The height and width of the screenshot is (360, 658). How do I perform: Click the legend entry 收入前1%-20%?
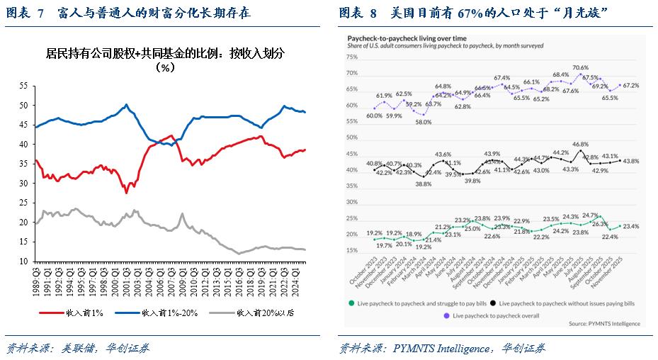coord(167,312)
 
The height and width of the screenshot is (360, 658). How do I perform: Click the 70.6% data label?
coord(580,67)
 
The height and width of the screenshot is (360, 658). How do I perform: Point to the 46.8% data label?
coord(580,144)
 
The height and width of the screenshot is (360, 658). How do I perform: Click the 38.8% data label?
coord(424,184)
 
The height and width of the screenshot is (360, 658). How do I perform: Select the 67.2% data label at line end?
coord(630,86)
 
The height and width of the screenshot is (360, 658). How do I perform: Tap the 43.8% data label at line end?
coord(630,161)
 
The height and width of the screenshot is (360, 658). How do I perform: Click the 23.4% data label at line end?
coord(630,226)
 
